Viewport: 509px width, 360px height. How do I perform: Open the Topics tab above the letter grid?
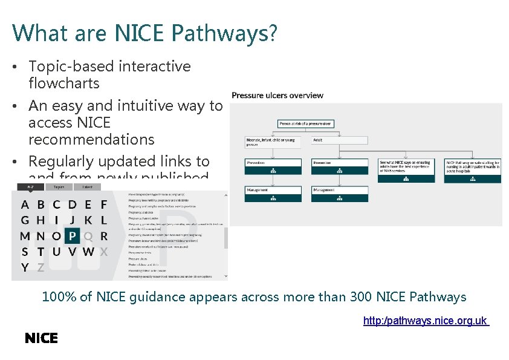(59, 187)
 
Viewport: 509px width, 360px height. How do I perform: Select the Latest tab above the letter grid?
(87, 187)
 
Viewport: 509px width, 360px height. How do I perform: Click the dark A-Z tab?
(30, 187)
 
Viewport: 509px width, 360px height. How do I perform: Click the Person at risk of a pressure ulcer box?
(306, 124)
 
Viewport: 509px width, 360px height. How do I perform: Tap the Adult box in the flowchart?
(340, 140)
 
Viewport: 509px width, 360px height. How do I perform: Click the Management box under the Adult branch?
(340, 193)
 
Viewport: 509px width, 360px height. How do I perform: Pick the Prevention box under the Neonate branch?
(273, 166)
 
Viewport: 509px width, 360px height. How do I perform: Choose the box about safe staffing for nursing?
(473, 169)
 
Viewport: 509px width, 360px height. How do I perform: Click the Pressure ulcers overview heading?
(277, 95)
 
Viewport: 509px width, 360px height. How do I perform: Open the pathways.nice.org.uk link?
(426, 321)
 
